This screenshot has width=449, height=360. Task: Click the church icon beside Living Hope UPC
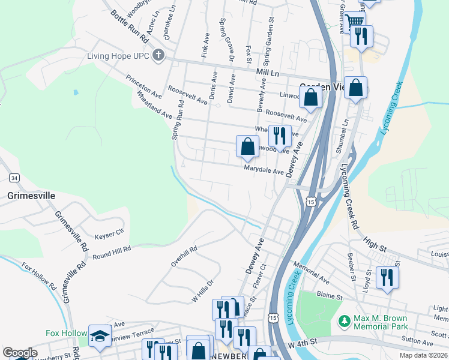(158, 56)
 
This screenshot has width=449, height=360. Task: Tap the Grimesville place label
(31, 196)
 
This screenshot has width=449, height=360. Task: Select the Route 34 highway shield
(14, 178)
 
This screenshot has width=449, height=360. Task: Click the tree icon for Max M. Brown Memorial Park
(344, 322)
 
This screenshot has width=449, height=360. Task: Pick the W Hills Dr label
(203, 291)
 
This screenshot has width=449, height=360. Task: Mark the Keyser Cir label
(109, 230)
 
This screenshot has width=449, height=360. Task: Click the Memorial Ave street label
(312, 271)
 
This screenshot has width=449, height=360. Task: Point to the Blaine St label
(330, 296)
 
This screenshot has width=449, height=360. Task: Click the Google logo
(20, 353)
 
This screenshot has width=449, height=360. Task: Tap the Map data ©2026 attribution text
(424, 355)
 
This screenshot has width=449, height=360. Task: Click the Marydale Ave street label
(263, 171)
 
